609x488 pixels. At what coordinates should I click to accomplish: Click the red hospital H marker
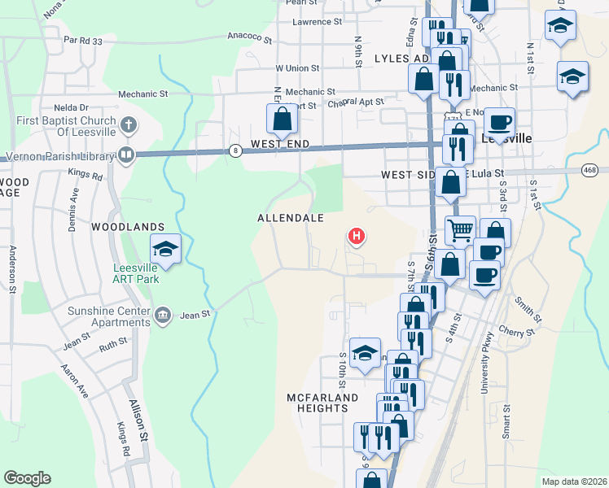tap(356, 237)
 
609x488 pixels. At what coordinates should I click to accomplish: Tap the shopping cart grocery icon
tap(460, 231)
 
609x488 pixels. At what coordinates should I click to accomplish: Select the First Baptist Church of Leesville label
tap(61, 126)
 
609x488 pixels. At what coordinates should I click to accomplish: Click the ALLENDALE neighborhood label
tap(291, 218)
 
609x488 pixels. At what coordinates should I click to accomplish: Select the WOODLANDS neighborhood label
tap(128, 226)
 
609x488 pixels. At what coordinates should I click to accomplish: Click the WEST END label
tap(280, 144)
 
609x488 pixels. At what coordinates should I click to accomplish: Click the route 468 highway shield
tap(590, 170)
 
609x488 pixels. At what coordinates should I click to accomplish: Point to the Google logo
tap(27, 478)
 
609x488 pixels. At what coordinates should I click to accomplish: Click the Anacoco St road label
tap(248, 36)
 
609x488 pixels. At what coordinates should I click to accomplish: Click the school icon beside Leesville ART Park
tap(165, 249)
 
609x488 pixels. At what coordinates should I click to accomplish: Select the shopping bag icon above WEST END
tap(282, 119)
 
